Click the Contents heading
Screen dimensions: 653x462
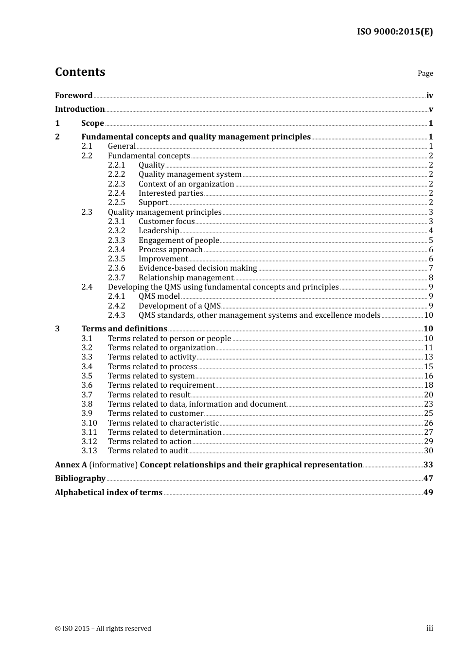click(x=80, y=72)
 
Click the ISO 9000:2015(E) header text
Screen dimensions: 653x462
click(x=394, y=32)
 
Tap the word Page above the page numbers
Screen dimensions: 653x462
click(x=425, y=73)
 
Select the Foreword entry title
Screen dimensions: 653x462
click(x=73, y=96)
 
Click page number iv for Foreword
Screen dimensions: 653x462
click(x=429, y=96)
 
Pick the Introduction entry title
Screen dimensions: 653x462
click(x=80, y=109)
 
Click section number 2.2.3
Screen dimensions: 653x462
click(x=116, y=184)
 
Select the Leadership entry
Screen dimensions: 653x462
click(x=159, y=231)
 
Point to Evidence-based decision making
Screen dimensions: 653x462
click(x=197, y=268)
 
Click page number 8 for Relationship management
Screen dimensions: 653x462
click(x=431, y=278)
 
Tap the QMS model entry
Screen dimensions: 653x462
click(x=159, y=296)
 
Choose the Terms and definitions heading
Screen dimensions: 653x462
click(x=124, y=329)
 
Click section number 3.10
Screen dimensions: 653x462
click(x=89, y=423)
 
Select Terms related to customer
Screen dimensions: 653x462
click(x=156, y=413)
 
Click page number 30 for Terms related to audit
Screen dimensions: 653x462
click(x=428, y=451)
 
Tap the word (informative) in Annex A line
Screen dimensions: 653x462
click(x=114, y=465)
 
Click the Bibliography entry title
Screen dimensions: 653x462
click(x=80, y=479)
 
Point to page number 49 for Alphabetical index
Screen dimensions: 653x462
click(x=428, y=493)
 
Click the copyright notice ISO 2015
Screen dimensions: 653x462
click(x=103, y=629)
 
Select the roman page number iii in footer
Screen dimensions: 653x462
click(x=430, y=628)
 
